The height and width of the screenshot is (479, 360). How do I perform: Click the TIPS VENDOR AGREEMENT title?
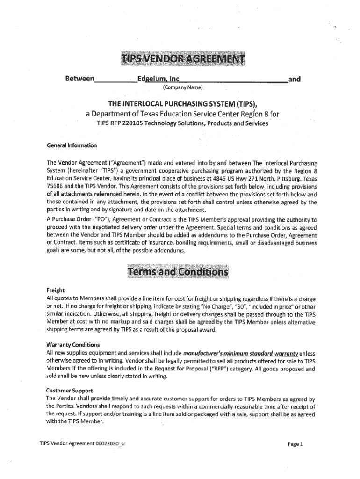click(x=182, y=59)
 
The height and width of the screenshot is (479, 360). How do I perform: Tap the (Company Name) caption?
click(x=182, y=87)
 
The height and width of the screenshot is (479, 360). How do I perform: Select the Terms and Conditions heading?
click(x=177, y=272)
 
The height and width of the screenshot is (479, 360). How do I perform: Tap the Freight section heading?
click(x=55, y=290)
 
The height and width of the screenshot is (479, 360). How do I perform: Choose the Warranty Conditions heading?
click(x=72, y=345)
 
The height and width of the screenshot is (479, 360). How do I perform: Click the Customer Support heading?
click(x=69, y=390)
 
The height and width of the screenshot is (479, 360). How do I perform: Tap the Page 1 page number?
click(x=295, y=444)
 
